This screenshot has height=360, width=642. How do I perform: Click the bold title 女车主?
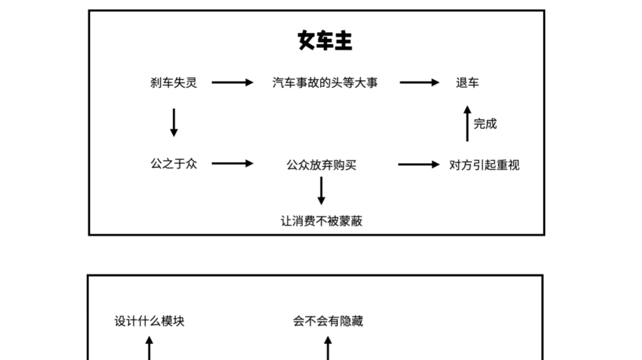325,41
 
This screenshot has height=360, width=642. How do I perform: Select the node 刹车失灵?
173,83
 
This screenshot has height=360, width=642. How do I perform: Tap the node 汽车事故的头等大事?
325,83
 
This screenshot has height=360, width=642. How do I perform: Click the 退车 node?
467,83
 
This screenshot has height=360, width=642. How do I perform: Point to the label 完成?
485,124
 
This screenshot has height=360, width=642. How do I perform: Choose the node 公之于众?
173,163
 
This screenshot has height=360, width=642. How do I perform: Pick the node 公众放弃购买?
321,165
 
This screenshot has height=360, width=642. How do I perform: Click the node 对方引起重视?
484,165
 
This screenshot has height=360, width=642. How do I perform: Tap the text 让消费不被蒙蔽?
321,221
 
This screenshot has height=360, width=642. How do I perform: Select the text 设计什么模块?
149,321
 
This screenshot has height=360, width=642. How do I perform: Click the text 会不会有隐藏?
328,321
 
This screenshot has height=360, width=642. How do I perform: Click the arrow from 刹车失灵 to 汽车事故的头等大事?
232,83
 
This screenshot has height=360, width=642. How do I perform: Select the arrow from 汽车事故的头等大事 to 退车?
420,83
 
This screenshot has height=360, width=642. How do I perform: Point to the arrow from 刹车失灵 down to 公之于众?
174,122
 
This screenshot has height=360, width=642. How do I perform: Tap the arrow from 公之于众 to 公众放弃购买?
232,163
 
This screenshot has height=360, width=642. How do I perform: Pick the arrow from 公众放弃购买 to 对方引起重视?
418,164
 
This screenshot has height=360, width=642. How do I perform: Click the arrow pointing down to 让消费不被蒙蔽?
322,191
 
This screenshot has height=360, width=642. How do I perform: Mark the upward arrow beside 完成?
467,124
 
